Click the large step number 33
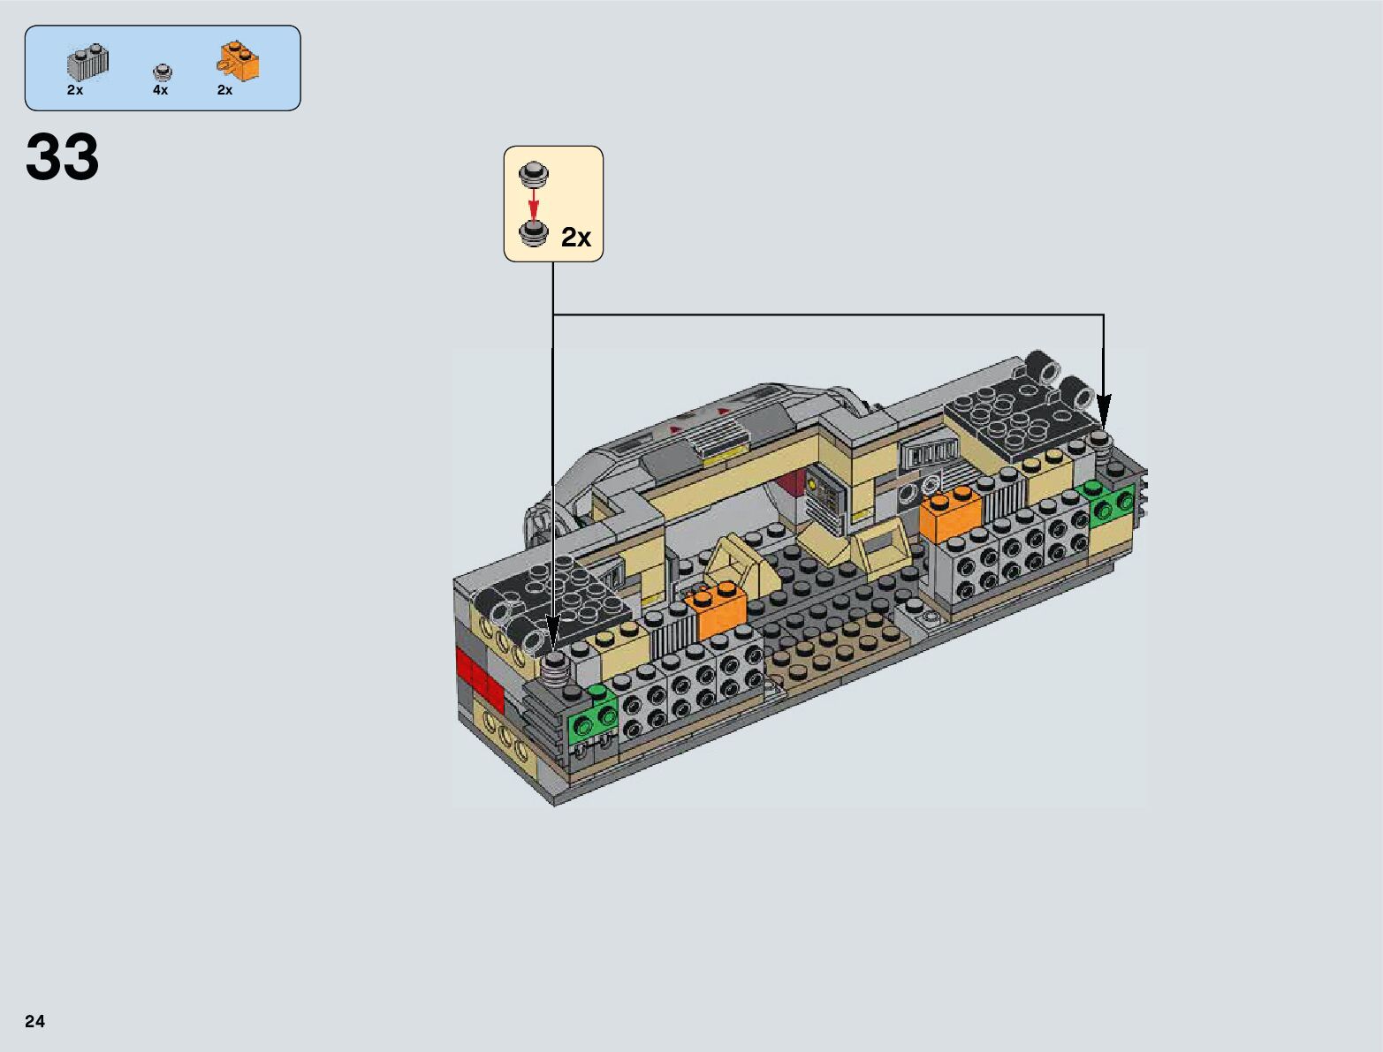63,156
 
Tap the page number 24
34,1021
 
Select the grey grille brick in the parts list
88,63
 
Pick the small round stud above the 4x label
163,72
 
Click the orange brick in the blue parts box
239,62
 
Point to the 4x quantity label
161,90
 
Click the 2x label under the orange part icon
225,90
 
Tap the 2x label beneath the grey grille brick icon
75,90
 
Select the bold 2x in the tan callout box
576,238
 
